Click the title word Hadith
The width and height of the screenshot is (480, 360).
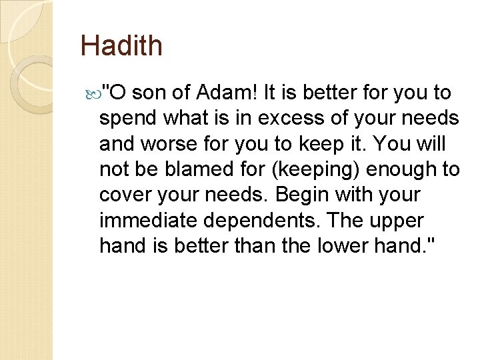point(121,46)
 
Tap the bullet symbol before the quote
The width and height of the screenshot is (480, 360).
point(102,91)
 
